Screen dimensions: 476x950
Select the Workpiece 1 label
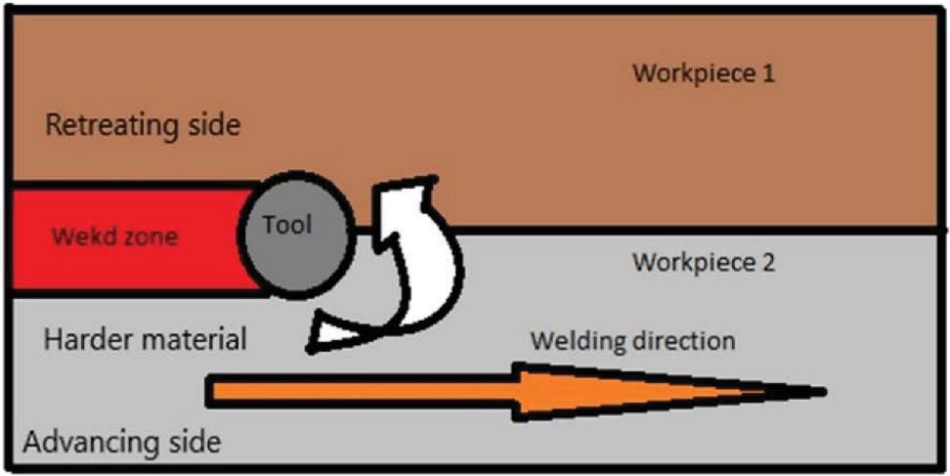click(704, 73)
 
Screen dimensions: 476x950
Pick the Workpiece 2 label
click(704, 263)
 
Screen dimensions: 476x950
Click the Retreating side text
click(143, 126)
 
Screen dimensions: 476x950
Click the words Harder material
click(145, 341)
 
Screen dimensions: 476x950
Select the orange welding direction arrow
click(489, 392)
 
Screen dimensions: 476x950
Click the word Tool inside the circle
click(286, 225)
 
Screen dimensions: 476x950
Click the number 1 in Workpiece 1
click(769, 73)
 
